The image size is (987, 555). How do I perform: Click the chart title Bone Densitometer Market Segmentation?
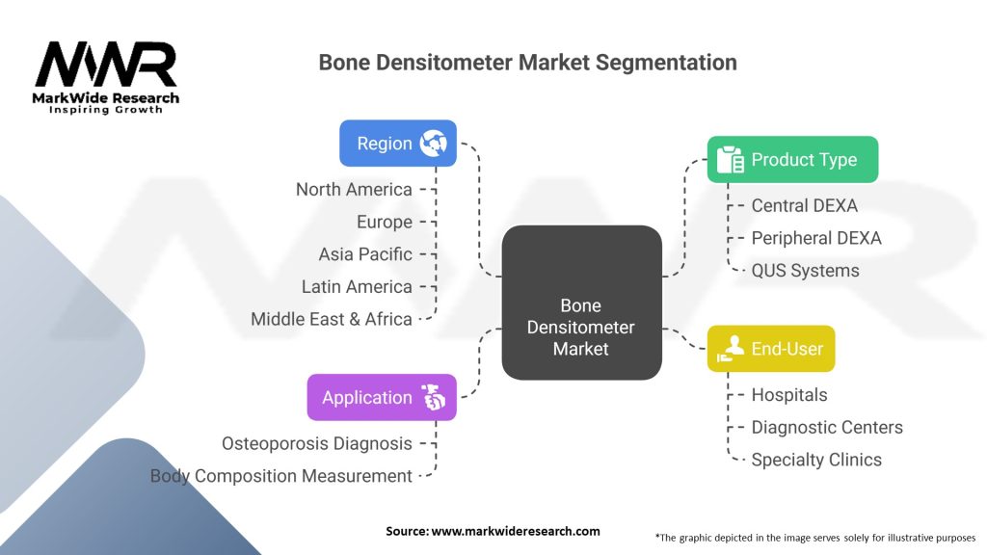coord(527,63)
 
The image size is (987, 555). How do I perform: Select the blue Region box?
coord(397,144)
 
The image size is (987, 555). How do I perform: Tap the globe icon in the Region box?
coord(433,144)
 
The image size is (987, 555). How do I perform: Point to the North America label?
coord(354,190)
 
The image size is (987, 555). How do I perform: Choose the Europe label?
coord(384,222)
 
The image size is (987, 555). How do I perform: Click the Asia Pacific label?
coord(365,254)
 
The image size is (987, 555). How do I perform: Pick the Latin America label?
coord(357,286)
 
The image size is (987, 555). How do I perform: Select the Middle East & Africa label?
coord(332,319)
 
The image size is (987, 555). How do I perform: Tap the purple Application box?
coord(381,397)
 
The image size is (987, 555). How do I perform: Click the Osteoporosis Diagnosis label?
coord(317,443)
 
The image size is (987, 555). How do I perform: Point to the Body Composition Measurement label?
coord(280,476)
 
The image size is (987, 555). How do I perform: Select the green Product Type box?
coord(792,160)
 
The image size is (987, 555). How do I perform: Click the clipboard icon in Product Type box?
coord(731,160)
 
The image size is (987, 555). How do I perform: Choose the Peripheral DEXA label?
coord(815,238)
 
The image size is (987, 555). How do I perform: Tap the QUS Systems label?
coord(805,271)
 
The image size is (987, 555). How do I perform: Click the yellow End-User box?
coord(771,349)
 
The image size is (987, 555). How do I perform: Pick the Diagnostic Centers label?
coord(827,427)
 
